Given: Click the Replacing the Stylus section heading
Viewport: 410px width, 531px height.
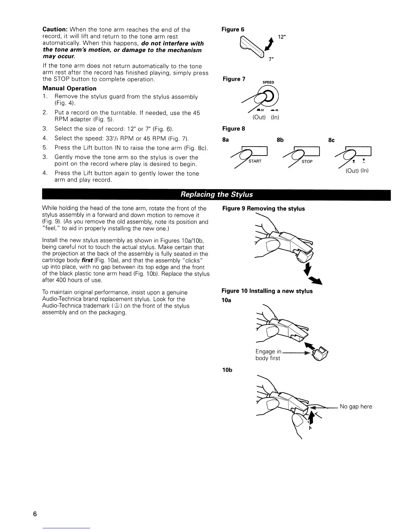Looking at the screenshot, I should (x=216, y=194).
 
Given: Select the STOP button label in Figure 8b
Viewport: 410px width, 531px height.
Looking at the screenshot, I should (x=307, y=162).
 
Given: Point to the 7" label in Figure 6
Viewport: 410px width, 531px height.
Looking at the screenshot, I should (x=270, y=60).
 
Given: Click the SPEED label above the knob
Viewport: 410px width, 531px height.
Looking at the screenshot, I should (x=268, y=82).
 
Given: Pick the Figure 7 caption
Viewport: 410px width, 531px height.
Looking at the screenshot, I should (x=234, y=79).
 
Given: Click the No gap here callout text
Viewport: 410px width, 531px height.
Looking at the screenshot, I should (x=356, y=407).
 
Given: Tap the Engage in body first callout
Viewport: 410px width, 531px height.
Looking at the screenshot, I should (x=268, y=355).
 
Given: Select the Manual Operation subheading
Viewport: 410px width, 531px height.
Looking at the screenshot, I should (x=69, y=88).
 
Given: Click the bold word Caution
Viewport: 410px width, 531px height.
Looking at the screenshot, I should (x=55, y=30).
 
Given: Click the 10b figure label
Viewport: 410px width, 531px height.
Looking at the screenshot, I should (x=227, y=370).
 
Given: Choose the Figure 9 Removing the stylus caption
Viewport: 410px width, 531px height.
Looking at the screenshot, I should (x=263, y=209).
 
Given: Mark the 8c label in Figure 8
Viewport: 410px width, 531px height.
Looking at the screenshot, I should (x=331, y=140).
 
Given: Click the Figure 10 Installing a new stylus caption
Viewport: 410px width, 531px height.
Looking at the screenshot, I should (x=267, y=291).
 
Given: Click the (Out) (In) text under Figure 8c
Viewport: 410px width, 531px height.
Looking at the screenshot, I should (x=357, y=171).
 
